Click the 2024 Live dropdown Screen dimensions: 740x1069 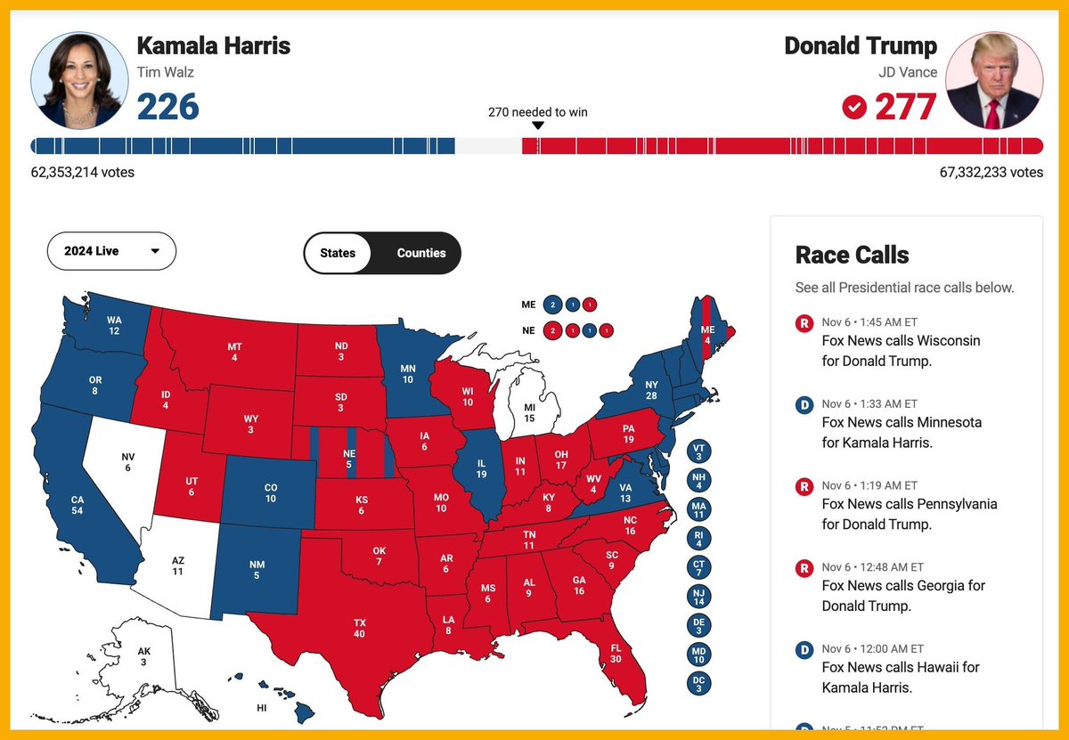pyautogui.click(x=111, y=251)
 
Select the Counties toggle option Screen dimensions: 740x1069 pyautogui.click(x=420, y=253)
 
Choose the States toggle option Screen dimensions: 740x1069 pyautogui.click(x=338, y=253)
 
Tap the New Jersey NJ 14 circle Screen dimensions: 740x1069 pyautogui.click(x=699, y=596)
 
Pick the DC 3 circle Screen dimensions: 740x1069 pyautogui.click(x=699, y=683)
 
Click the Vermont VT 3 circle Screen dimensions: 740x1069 pyautogui.click(x=699, y=451)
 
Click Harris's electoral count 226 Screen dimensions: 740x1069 pyautogui.click(x=167, y=107)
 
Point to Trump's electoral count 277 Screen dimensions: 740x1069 pyautogui.click(x=904, y=107)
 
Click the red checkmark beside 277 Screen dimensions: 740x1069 pyautogui.click(x=854, y=108)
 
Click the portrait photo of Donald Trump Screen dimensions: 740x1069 pyautogui.click(x=993, y=80)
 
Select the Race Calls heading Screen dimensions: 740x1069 pyautogui.click(x=852, y=255)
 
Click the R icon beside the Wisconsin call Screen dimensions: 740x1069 pyautogui.click(x=804, y=323)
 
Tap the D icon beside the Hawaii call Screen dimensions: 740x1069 pyautogui.click(x=804, y=650)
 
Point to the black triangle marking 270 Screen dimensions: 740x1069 pyautogui.click(x=537, y=126)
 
